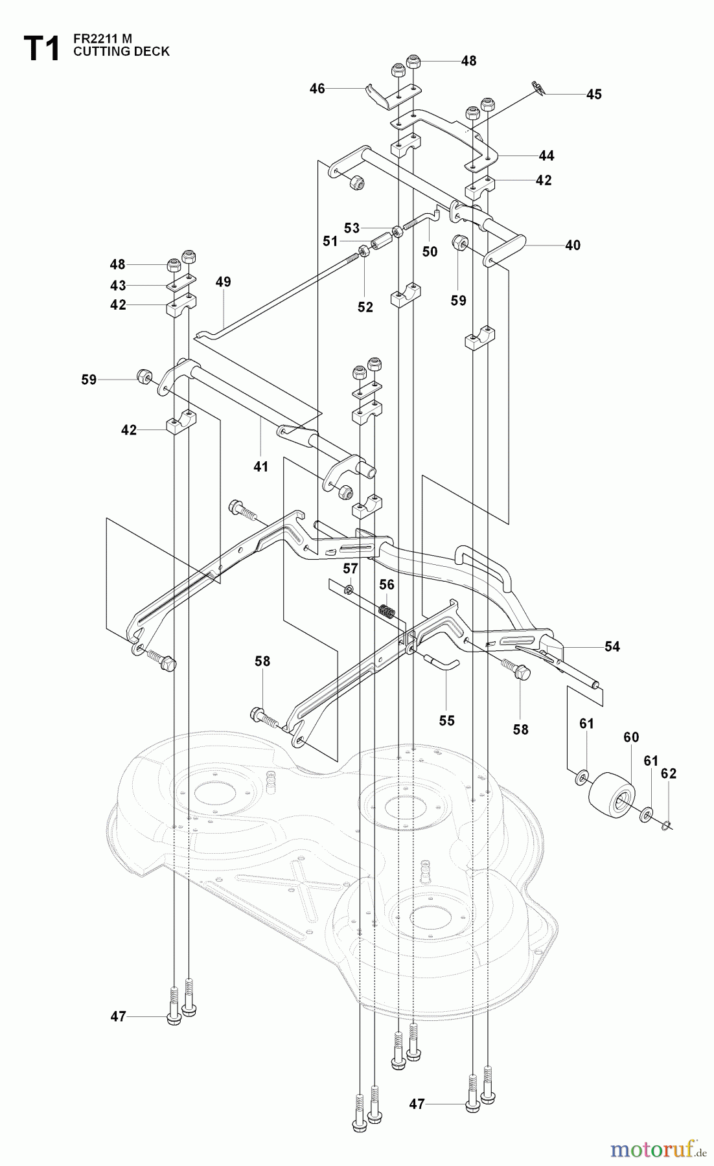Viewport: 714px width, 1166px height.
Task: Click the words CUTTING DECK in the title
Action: point(121,51)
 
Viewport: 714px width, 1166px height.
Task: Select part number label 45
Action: point(593,95)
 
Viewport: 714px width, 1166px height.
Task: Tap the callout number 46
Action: point(317,89)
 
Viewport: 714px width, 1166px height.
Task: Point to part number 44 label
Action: point(546,155)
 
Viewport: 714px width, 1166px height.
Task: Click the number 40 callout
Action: point(573,246)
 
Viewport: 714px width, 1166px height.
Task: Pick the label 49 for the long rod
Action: point(223,282)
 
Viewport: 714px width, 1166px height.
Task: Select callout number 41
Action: point(260,466)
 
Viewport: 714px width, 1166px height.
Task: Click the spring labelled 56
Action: point(387,611)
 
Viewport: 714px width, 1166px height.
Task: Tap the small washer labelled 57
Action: point(349,589)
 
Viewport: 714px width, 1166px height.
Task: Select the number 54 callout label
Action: point(612,646)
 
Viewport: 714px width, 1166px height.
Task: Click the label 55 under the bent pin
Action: point(446,720)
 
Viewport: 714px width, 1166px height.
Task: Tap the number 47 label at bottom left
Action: point(118,1017)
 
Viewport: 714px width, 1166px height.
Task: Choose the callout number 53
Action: point(351,228)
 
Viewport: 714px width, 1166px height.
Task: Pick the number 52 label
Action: point(365,307)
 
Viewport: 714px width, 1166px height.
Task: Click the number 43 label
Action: point(118,286)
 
